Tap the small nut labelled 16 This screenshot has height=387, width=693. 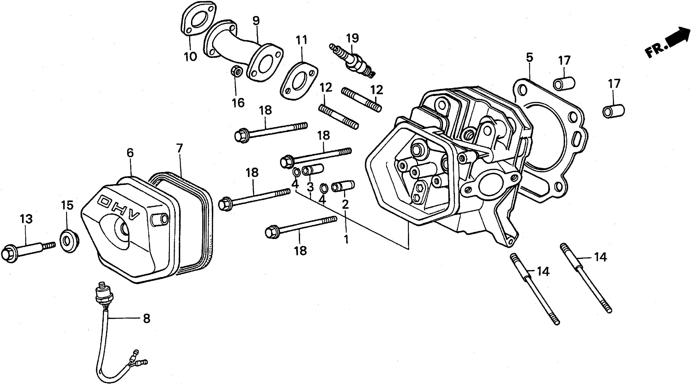[237, 71]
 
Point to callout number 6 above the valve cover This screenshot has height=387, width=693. [130, 153]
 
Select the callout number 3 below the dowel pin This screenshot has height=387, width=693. [310, 187]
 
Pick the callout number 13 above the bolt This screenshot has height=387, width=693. [26, 219]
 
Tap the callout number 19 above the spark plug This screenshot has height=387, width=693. [352, 38]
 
